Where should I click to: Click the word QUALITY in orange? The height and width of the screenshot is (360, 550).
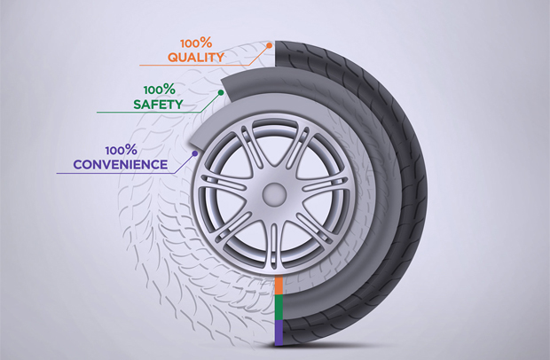(x=196, y=58)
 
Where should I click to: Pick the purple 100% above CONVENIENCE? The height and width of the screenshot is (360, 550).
(x=120, y=150)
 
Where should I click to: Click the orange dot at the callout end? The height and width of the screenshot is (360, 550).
(x=269, y=43)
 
